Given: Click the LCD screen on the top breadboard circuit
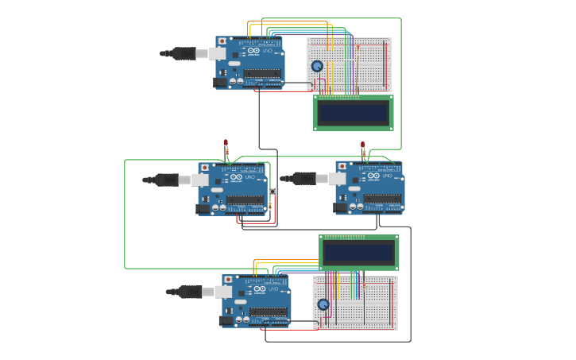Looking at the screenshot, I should click(x=354, y=112).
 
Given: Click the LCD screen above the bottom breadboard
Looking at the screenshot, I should click(x=359, y=252).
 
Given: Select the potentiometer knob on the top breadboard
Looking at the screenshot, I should click(x=317, y=67).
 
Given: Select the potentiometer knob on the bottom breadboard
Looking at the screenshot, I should click(x=323, y=304).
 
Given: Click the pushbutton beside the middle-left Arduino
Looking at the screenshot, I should click(x=273, y=191).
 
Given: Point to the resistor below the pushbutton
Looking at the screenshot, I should click(x=270, y=205).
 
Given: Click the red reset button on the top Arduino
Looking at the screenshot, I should click(x=222, y=41).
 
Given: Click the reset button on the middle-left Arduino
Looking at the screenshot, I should click(x=205, y=168).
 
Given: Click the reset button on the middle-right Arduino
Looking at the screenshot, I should click(x=341, y=167).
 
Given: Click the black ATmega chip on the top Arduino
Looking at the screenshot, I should click(x=261, y=73).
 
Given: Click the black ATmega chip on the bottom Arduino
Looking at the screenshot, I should click(x=268, y=312).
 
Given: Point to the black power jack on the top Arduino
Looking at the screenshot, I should click(x=220, y=82).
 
